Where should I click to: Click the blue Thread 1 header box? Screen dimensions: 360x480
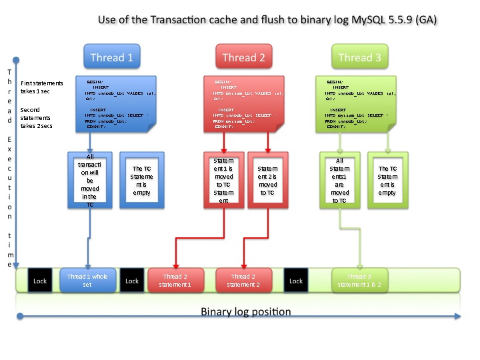click(x=111, y=57)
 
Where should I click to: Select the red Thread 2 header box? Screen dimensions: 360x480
click(x=243, y=57)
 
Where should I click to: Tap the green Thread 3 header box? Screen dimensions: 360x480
click(x=359, y=57)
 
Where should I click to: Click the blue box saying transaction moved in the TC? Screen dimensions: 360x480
click(x=91, y=181)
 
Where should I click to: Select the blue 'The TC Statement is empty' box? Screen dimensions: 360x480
click(x=141, y=181)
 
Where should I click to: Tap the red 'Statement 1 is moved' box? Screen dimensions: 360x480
click(x=223, y=181)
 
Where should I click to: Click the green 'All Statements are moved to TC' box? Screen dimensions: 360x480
click(x=339, y=181)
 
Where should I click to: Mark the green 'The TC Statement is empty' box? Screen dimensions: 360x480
click(x=387, y=181)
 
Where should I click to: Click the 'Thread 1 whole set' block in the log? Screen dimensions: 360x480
click(x=87, y=281)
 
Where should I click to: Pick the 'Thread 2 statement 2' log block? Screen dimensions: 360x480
click(x=243, y=281)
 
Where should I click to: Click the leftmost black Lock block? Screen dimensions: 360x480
click(x=41, y=281)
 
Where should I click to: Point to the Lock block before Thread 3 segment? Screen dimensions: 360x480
click(x=296, y=281)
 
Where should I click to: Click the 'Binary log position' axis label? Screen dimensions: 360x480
click(x=246, y=311)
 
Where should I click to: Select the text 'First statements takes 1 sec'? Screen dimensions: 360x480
click(x=42, y=87)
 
